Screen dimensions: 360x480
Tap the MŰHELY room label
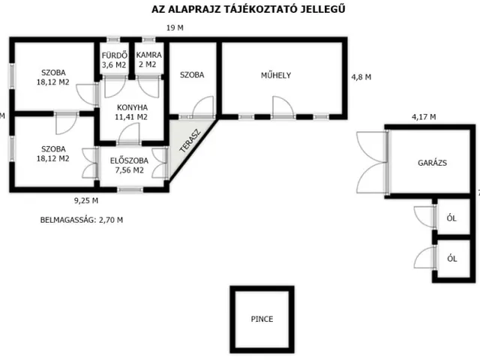pyautogui.click(x=275, y=75)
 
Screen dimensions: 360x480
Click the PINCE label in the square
pyautogui.click(x=262, y=319)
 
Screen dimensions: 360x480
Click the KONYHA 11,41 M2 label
pyautogui.click(x=130, y=112)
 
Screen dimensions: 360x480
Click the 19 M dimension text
pyautogui.click(x=174, y=28)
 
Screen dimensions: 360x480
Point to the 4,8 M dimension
pyautogui.click(x=360, y=76)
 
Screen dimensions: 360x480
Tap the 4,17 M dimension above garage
pyautogui.click(x=423, y=116)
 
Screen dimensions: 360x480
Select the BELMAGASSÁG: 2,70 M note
pyautogui.click(x=81, y=220)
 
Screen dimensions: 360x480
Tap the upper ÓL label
pyautogui.click(x=451, y=218)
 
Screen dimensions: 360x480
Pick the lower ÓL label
pyautogui.click(x=451, y=258)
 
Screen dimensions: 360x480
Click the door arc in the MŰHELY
pyautogui.click(x=282, y=106)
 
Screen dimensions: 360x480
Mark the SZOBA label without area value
pyautogui.click(x=192, y=75)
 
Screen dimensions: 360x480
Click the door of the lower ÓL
pyautogui.click(x=424, y=256)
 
